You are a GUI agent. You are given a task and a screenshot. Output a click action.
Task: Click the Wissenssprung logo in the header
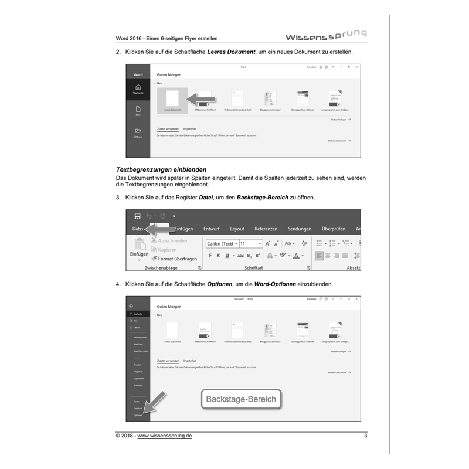pyautogui.click(x=326, y=36)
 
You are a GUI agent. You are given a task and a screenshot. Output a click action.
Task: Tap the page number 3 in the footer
pyautogui.click(x=365, y=436)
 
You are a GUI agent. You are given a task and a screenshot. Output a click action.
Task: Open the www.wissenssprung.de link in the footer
pyautogui.click(x=165, y=436)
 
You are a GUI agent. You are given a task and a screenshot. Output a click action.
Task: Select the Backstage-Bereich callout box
pyautogui.click(x=240, y=400)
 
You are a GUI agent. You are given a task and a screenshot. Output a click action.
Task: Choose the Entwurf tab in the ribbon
pyautogui.click(x=211, y=229)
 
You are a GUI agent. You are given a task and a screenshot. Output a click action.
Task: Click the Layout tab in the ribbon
pyautogui.click(x=237, y=229)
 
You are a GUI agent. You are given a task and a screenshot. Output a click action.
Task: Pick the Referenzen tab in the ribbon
pyautogui.click(x=266, y=229)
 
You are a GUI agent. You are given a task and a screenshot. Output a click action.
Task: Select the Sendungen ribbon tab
pyautogui.click(x=300, y=229)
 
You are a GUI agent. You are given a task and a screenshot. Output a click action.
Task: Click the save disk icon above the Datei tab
pyautogui.click(x=137, y=216)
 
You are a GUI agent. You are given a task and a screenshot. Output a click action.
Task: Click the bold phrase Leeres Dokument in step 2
pyautogui.click(x=232, y=52)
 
